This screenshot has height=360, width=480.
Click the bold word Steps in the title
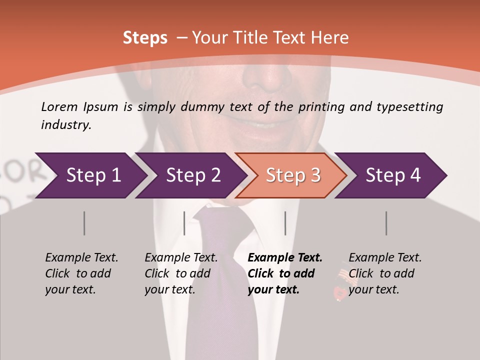point(145,38)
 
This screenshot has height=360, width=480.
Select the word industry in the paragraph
point(65,124)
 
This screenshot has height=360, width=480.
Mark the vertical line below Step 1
point(84,223)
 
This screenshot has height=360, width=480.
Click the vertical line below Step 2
point(184,223)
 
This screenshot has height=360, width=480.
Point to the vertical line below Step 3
point(285,223)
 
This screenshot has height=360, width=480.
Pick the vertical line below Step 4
point(386,223)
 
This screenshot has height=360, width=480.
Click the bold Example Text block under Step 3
point(284,273)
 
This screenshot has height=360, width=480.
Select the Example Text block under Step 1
point(81,273)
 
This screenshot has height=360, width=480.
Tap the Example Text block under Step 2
point(181,273)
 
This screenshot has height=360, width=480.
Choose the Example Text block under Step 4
point(385,273)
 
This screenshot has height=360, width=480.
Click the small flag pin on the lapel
point(341,282)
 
